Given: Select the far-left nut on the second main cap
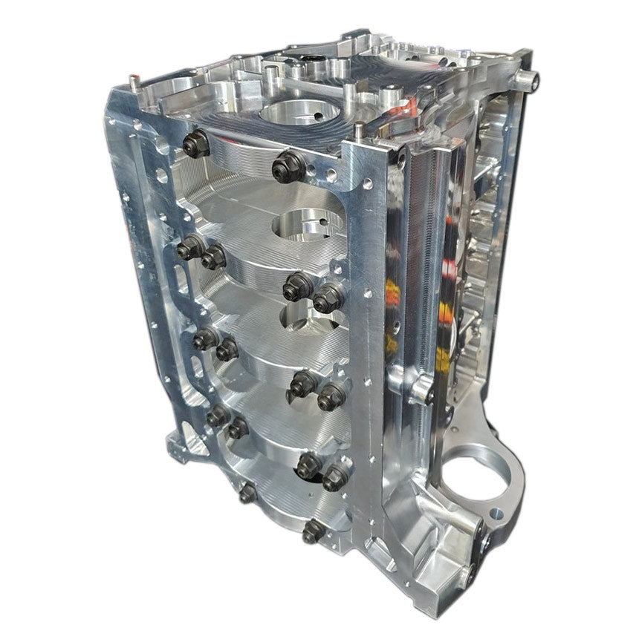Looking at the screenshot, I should pyautogui.click(x=189, y=247).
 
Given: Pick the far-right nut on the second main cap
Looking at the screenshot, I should pyautogui.click(x=327, y=298).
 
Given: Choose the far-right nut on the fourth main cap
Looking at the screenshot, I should pyautogui.click(x=334, y=476).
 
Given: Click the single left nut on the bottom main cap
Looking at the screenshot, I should pyautogui.click(x=247, y=492).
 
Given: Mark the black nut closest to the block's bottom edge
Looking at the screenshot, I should pyautogui.click(x=313, y=531).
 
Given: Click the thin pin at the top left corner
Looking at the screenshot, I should pyautogui.click(x=131, y=79).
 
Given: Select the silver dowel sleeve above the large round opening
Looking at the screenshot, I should pyautogui.click(x=421, y=390).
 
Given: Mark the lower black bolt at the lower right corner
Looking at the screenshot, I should pyautogui.click(x=471, y=572).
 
